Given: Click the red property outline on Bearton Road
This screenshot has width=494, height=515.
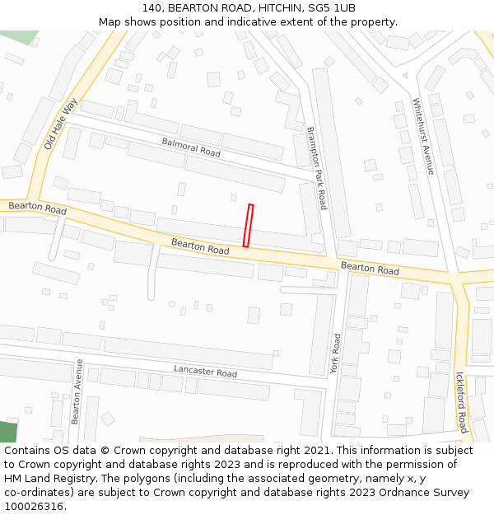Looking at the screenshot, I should coord(248,226).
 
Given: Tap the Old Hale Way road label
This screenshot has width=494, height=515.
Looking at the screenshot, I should coord(60,124).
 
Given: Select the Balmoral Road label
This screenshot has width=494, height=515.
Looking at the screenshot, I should coord(191,147).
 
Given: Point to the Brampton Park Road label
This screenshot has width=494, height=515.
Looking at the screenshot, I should coord(317,168).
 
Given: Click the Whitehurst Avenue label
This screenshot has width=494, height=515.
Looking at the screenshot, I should coord(423,137).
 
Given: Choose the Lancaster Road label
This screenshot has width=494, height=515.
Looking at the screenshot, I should coord(205,372).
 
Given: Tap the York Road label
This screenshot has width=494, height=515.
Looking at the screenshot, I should coord(335,353).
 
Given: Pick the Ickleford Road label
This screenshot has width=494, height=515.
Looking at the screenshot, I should coord(461,402).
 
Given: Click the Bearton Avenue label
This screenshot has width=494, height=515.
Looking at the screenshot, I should coord(76,391).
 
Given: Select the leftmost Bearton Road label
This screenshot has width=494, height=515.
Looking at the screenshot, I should coord(37,208).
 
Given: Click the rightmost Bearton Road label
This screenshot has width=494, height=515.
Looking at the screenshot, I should coord(370,269).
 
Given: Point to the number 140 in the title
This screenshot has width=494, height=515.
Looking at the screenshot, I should coord(152,8).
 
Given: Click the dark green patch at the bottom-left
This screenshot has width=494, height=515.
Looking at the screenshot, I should coord(7,432).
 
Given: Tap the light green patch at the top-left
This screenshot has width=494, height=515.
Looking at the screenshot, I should coord(20,37).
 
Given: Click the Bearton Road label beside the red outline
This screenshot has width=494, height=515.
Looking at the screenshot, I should coord(200,246).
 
